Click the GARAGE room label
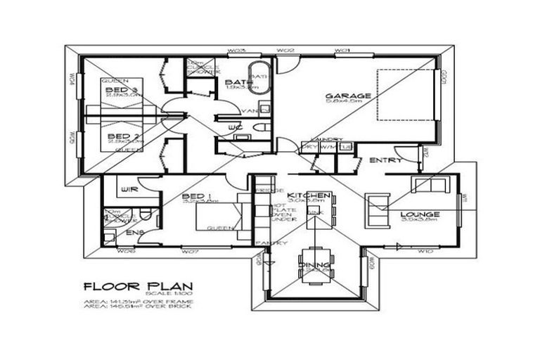342,96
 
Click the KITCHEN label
309,195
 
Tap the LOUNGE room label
420,214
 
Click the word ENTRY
386,160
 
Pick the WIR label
128,190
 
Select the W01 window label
342,51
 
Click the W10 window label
424,250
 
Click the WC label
235,127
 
